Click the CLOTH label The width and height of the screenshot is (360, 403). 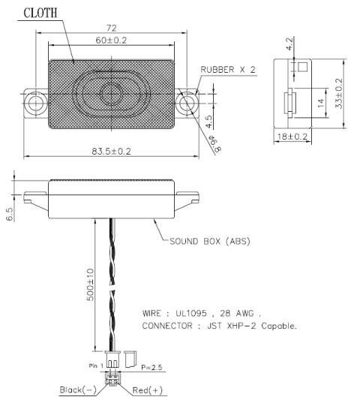click(40, 13)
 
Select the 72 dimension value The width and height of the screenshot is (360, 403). click(111, 28)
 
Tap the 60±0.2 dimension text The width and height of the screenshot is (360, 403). click(111, 41)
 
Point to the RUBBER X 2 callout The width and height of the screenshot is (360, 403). click(228, 70)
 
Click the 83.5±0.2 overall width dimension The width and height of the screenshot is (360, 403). click(111, 152)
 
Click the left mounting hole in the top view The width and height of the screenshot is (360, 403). click(35, 104)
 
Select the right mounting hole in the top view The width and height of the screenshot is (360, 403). click(187, 104)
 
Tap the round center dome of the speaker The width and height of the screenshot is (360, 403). click(111, 94)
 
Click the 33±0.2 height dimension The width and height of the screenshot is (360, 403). click(339, 94)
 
